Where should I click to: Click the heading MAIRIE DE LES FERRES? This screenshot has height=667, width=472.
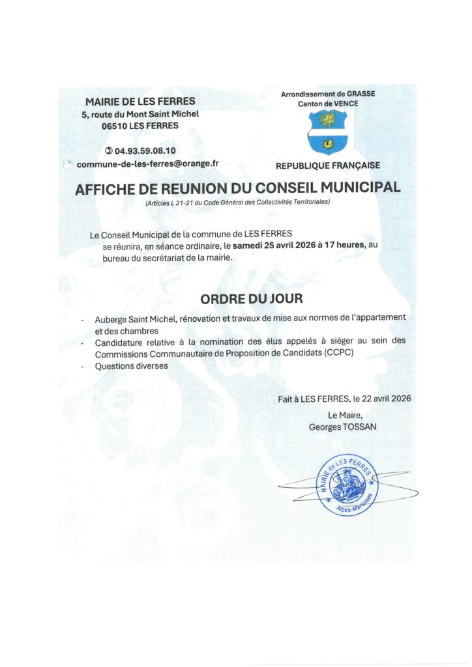(140, 102)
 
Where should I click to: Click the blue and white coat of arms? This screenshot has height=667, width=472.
(327, 132)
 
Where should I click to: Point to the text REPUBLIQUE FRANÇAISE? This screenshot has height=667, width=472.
(328, 165)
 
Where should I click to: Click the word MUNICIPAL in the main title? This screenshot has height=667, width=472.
(353, 188)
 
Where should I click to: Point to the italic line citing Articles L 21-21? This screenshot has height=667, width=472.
(238, 203)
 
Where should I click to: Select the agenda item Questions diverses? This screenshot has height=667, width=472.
(131, 366)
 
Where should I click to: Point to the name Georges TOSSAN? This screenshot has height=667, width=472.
(342, 427)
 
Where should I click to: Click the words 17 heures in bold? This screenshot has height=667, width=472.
(340, 246)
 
